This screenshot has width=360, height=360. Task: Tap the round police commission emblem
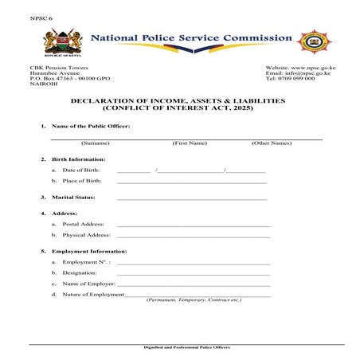(x=315, y=41)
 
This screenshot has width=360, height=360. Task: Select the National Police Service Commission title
(x=191, y=38)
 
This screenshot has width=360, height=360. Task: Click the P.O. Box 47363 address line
(x=70, y=80)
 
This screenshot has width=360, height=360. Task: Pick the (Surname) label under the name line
(x=95, y=143)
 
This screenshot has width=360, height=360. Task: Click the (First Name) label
(x=190, y=143)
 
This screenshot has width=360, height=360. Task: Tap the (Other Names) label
(x=272, y=143)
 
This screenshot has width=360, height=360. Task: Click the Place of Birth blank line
(x=191, y=182)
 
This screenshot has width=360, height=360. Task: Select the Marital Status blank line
(x=191, y=198)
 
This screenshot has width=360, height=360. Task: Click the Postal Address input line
(x=194, y=226)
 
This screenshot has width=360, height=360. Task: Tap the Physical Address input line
(x=194, y=237)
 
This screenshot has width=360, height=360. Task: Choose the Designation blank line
(x=194, y=274)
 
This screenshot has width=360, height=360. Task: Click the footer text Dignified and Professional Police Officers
(x=186, y=348)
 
